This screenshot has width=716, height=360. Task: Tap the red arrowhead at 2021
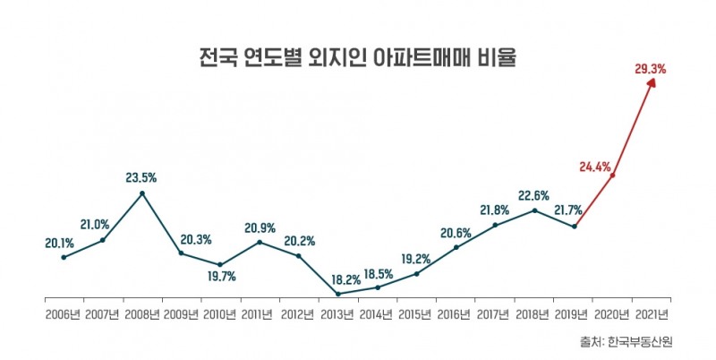[x=652, y=81]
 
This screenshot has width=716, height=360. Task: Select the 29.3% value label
[x=651, y=67]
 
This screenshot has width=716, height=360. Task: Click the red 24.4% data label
[x=595, y=167]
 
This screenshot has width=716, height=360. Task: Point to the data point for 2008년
[x=142, y=193]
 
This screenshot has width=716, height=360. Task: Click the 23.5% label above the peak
[x=141, y=176]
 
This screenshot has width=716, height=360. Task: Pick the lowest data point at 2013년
[x=338, y=294]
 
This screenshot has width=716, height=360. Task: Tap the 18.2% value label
[x=337, y=278]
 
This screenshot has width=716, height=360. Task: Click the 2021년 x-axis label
[x=651, y=314]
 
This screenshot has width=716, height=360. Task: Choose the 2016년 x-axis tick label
[x=456, y=314]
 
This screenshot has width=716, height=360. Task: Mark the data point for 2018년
[x=534, y=210]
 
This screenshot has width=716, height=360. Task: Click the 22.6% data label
[x=533, y=194]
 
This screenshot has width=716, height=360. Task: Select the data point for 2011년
[x=260, y=242]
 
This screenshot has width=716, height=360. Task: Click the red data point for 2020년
[x=613, y=176]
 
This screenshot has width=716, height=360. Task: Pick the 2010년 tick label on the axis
[x=220, y=314]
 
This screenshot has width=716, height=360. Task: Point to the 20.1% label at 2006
[x=60, y=241]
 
